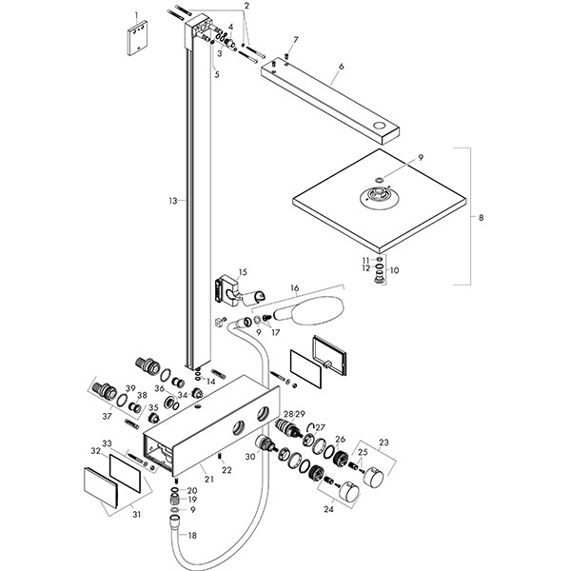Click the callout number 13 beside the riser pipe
[x=171, y=201]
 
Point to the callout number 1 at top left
[x=137, y=16]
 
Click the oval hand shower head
[x=304, y=312]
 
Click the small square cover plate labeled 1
[x=138, y=42]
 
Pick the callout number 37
[x=108, y=415]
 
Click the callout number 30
[x=252, y=457]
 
